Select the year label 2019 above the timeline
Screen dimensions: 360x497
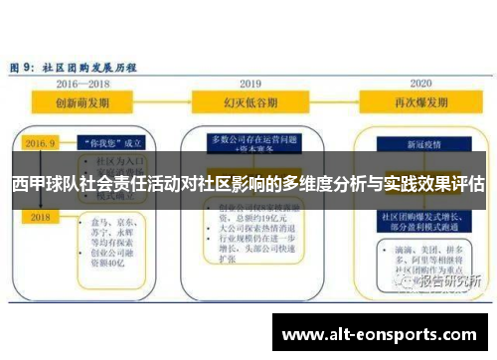(248, 84)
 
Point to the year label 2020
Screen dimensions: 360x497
(420, 84)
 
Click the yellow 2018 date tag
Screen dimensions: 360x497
(40, 216)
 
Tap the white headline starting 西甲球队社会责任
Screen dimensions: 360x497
(248, 184)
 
